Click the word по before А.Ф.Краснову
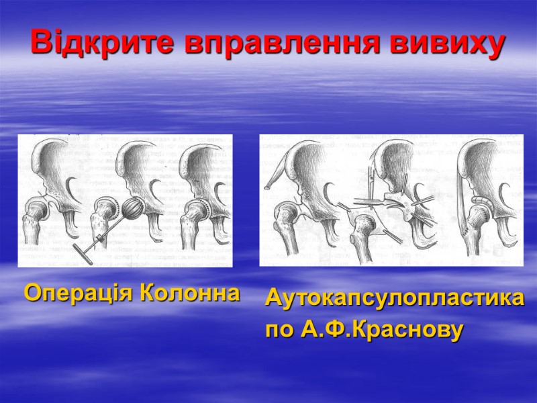[x=279, y=330]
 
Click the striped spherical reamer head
[x=134, y=214]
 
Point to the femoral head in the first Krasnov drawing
[x=286, y=212]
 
